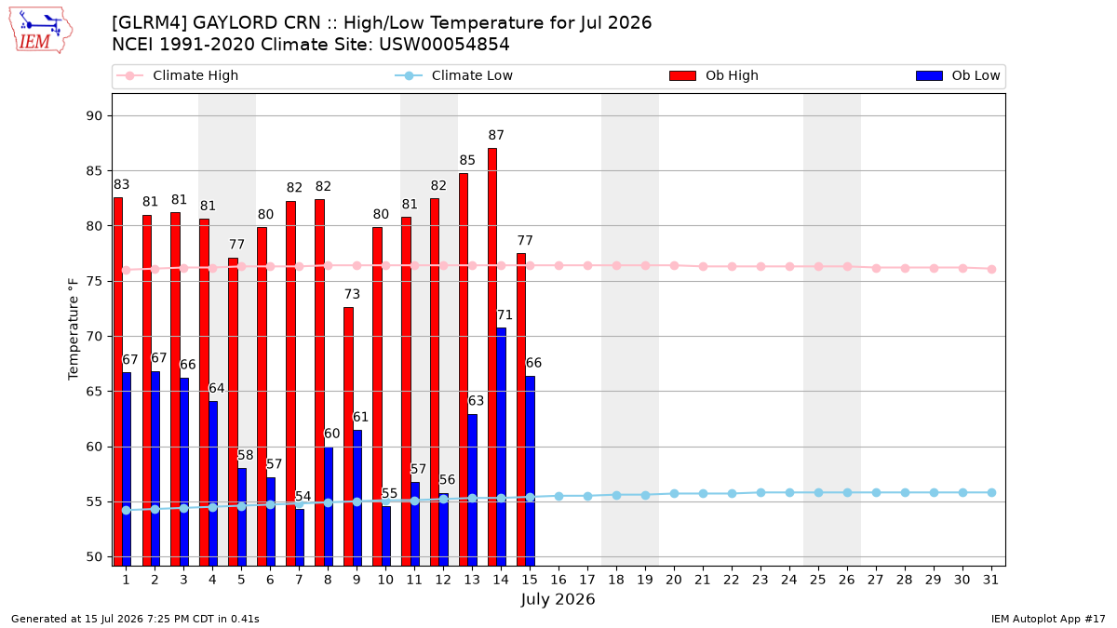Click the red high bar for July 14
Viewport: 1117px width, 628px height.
pos(492,357)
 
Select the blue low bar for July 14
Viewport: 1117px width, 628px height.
pos(501,447)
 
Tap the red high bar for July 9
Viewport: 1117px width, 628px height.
pos(348,436)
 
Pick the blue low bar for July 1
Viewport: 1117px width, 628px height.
pos(127,469)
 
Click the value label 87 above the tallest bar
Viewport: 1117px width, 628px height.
pos(496,135)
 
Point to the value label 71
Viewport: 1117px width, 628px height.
pos(505,315)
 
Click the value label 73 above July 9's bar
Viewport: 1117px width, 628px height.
pos(352,294)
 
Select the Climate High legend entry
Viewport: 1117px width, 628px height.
pos(178,75)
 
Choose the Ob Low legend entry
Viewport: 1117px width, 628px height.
pos(958,75)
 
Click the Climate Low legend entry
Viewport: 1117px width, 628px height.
pos(454,75)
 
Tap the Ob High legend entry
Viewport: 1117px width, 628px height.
pos(714,75)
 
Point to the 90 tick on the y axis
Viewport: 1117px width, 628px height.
pos(94,116)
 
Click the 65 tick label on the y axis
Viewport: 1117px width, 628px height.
pos(94,392)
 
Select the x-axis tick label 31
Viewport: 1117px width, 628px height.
pos(990,580)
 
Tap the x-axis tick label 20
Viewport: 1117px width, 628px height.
pos(674,580)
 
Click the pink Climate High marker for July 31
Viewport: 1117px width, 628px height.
pos(991,269)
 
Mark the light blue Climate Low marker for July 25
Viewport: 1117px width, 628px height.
pos(818,492)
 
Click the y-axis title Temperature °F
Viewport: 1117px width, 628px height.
pos(74,329)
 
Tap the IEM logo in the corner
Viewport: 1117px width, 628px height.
pos(41,31)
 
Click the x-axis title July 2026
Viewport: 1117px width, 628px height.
pos(558,599)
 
